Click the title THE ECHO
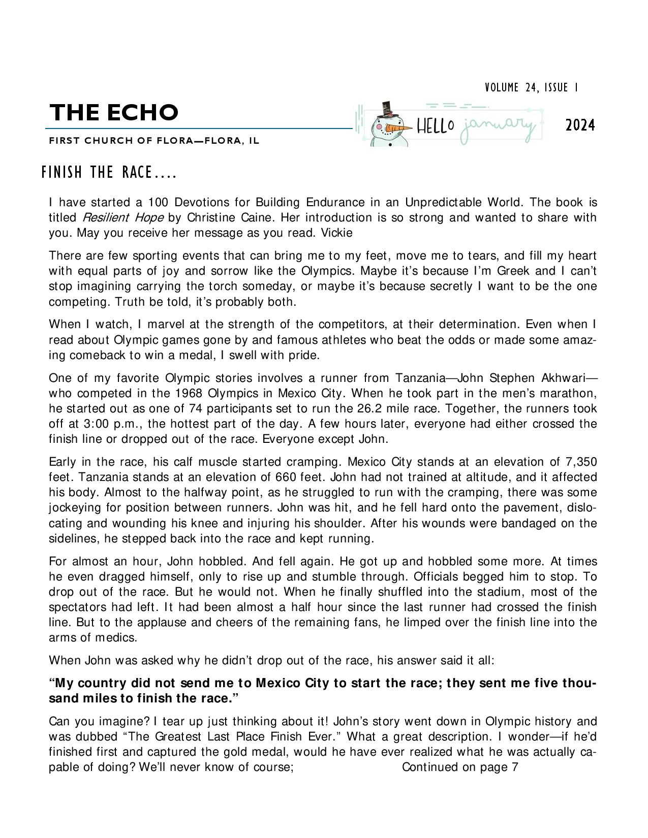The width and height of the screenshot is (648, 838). [114, 113]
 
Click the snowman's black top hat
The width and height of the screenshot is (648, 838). [388, 109]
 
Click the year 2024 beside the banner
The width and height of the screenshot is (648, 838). [580, 125]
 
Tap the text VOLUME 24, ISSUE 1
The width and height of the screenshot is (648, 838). [531, 88]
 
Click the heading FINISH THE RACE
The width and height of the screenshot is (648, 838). [108, 173]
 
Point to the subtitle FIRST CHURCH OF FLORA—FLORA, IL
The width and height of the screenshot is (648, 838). [154, 141]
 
